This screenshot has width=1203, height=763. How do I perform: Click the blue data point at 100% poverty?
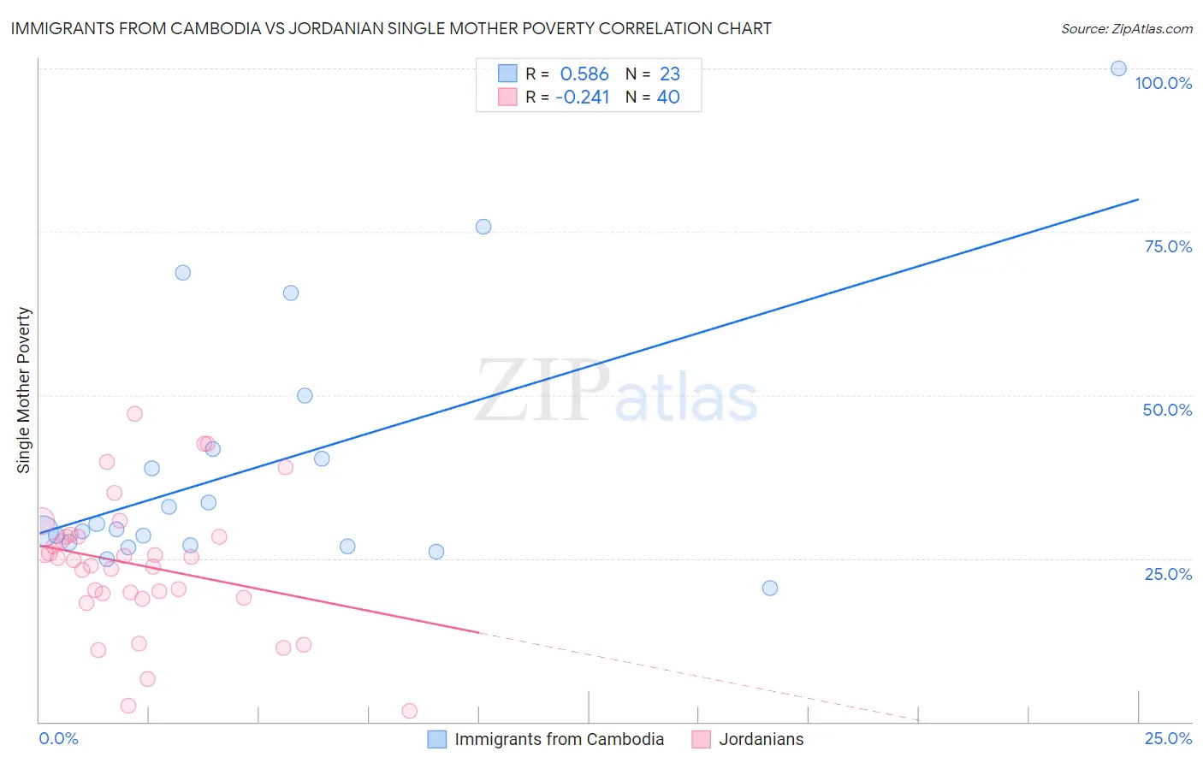click(x=1118, y=68)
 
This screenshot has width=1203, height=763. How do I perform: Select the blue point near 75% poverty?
click(x=483, y=227)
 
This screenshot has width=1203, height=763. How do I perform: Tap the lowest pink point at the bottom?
click(x=410, y=711)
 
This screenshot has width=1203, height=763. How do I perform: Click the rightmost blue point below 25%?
click(x=770, y=588)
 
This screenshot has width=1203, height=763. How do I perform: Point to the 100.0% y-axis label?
click(x=1163, y=83)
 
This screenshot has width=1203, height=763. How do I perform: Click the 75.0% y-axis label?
click(x=1168, y=246)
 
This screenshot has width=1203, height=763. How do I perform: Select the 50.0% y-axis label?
click(x=1167, y=410)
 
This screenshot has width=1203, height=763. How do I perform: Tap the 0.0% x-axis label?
click(x=59, y=738)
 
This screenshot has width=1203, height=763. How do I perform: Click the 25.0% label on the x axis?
click(x=1168, y=738)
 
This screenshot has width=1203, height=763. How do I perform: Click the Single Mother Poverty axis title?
click(x=24, y=390)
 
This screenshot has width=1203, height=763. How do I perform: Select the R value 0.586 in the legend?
click(x=584, y=74)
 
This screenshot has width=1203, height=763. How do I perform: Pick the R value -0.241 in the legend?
click(x=583, y=98)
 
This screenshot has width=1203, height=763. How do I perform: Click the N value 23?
click(x=669, y=74)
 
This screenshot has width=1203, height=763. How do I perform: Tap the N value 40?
click(x=668, y=98)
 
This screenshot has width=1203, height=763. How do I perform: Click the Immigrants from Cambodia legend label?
click(x=559, y=739)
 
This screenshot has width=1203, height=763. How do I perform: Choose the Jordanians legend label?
click(x=761, y=739)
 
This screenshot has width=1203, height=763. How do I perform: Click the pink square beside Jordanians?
click(x=702, y=739)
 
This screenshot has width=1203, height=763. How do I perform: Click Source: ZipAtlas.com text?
click(x=1126, y=29)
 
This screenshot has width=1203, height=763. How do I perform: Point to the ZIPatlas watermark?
click(x=616, y=392)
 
